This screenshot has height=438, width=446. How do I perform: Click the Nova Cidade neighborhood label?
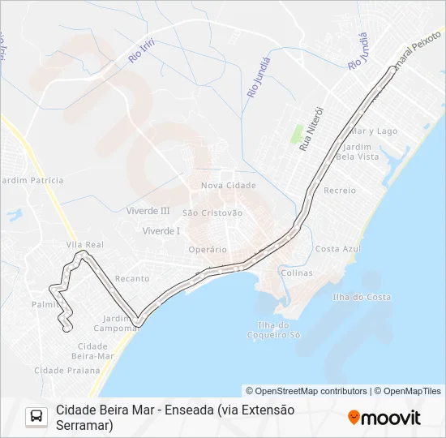point(229,185)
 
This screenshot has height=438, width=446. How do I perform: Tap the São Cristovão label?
point(212,213)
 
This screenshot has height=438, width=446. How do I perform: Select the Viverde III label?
point(148,210)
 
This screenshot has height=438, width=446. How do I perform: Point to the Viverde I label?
point(161,230)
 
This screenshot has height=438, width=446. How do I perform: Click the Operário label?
point(206,249)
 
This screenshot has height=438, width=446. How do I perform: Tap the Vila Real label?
point(84,244)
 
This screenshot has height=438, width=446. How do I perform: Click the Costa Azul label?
point(338,248)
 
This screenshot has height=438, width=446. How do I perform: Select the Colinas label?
point(296,273)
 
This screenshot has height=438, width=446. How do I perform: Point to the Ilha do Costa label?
point(362,297)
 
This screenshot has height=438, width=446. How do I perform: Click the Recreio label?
point(340,190)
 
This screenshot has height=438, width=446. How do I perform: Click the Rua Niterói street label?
point(311,128)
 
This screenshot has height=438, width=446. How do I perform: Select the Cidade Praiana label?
point(67,370)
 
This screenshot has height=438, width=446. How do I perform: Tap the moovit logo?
point(384,418)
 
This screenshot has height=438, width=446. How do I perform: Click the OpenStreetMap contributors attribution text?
point(307,391)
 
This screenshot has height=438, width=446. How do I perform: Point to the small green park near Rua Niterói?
point(297,134)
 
